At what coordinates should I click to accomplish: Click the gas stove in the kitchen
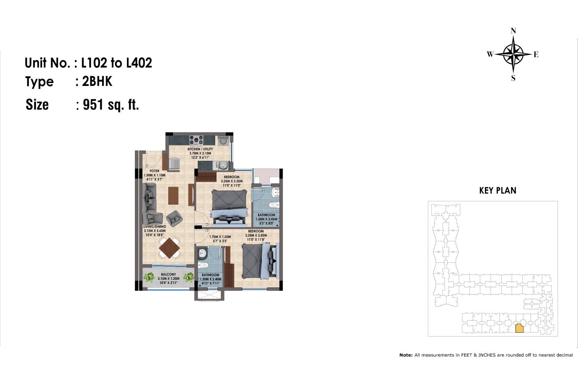click(x=196, y=140)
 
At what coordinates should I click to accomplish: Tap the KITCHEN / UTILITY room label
click(x=200, y=149)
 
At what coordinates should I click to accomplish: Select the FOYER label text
click(x=154, y=171)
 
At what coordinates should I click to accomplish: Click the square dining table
click(x=169, y=248)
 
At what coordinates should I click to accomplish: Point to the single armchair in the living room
click(x=174, y=219)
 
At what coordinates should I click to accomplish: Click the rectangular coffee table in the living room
click(x=173, y=196)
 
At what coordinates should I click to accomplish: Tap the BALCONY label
click(x=168, y=274)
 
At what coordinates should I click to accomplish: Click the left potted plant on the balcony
click(x=149, y=277)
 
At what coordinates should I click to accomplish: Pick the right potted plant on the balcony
click(x=189, y=277)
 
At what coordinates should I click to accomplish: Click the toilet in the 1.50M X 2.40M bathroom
click(x=204, y=265)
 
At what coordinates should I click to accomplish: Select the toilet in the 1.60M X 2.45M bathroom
click(x=274, y=205)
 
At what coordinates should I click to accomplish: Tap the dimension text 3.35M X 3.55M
click(x=256, y=235)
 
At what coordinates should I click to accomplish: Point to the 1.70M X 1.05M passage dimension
click(x=220, y=237)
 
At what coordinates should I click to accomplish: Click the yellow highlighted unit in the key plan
click(x=519, y=328)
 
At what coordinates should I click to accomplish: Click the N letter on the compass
click(x=513, y=31)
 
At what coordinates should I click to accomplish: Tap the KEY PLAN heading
click(x=498, y=191)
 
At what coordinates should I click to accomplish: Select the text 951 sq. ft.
click(x=111, y=105)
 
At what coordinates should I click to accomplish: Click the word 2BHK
click(x=97, y=82)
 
